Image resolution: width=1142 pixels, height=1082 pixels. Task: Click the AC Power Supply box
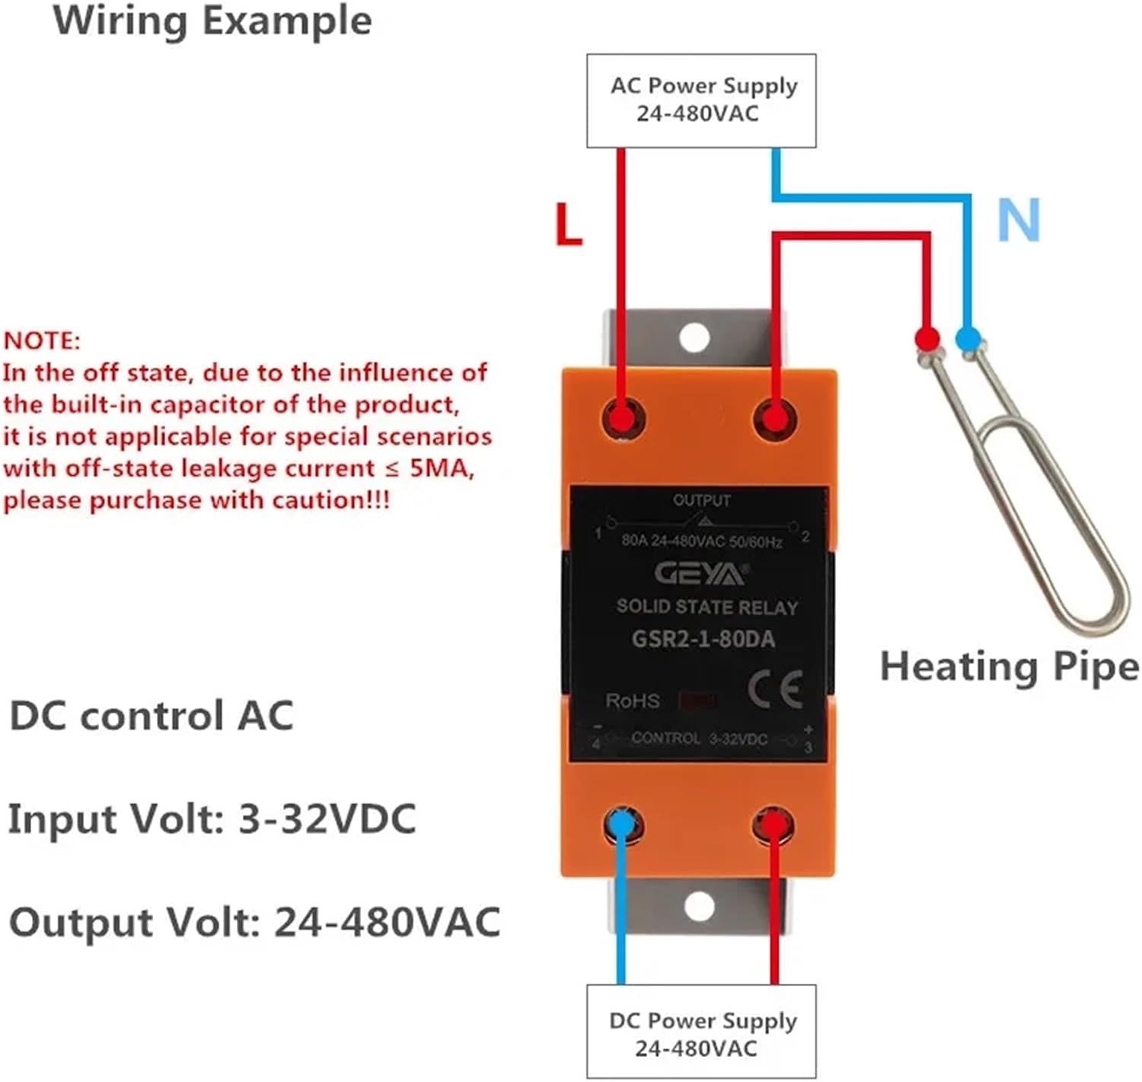701,101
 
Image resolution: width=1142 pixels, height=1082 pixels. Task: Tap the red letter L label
568,225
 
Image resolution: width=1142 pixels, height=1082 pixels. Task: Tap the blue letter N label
1019,220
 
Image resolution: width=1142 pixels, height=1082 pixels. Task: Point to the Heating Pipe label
1009,666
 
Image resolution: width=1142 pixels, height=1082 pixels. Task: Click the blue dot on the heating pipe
967,337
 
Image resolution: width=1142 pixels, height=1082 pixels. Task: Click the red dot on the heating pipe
926,337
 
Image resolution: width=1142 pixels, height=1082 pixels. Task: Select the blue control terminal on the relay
622,825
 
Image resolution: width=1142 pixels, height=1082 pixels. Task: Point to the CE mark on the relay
774,690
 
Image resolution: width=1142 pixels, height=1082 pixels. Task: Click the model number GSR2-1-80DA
703,638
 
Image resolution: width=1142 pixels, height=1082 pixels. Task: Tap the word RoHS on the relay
633,701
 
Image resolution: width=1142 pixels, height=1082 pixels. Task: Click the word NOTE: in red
42,340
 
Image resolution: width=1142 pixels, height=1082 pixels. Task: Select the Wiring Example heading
212,21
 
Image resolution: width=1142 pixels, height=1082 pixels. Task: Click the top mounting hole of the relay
694,337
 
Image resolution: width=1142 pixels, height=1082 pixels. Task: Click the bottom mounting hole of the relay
699,906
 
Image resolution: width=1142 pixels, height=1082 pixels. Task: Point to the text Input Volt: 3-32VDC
212,820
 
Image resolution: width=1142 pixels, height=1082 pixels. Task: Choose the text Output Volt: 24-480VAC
254,922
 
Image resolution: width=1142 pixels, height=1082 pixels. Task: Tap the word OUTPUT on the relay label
701,500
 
